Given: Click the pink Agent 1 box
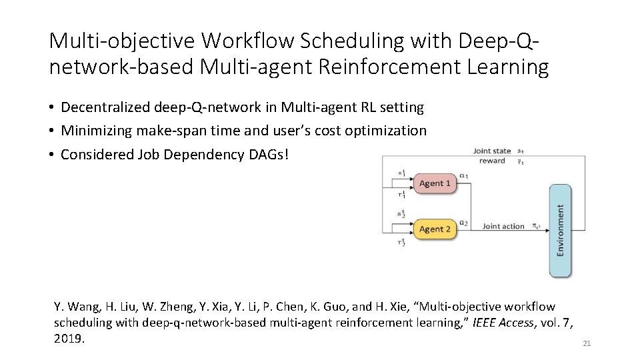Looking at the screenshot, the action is click(435, 183).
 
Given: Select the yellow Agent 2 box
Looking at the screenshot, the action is click(435, 229).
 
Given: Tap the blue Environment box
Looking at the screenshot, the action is click(560, 230).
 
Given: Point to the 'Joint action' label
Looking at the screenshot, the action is click(503, 227).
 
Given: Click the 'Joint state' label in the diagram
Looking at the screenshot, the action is click(492, 151).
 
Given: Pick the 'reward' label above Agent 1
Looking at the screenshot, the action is click(492, 161).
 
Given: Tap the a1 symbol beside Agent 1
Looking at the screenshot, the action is click(465, 177).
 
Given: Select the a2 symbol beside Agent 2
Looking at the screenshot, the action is click(465, 223).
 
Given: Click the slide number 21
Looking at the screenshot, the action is click(587, 343).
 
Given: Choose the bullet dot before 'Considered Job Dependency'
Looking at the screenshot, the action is click(51, 155).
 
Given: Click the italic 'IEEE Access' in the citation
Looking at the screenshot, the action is click(503, 323).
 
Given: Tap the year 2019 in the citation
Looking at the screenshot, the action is click(69, 339).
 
